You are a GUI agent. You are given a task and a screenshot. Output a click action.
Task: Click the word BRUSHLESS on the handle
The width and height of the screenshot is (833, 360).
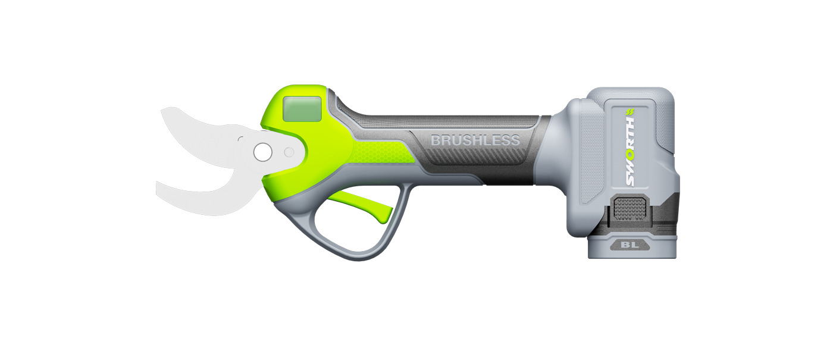475,140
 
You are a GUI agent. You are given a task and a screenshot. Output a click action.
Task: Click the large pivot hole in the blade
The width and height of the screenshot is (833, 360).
261,152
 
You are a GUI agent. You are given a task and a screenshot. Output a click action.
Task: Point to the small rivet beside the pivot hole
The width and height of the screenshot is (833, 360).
289,152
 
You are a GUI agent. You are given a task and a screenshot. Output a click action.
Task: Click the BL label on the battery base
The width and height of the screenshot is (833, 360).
632,244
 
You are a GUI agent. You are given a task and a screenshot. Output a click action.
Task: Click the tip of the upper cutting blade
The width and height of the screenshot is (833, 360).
163,109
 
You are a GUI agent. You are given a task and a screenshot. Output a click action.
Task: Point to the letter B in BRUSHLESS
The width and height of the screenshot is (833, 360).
436,140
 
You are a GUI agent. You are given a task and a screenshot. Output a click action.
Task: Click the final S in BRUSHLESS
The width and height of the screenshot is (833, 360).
515,140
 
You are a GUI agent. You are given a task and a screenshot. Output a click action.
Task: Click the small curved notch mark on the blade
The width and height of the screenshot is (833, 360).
240,139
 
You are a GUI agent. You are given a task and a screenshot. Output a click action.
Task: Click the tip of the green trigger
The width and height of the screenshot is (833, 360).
386,217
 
